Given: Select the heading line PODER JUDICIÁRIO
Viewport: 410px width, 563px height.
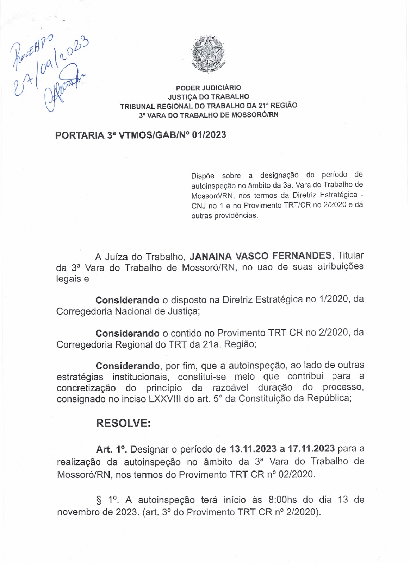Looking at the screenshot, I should point(209,88).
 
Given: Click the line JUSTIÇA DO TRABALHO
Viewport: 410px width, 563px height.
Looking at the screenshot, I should point(209,97).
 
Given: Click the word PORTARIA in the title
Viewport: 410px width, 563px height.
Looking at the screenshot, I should point(80,135).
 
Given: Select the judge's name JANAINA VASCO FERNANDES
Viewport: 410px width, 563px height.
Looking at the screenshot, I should point(260,256).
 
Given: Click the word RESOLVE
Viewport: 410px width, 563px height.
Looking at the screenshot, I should point(123,423).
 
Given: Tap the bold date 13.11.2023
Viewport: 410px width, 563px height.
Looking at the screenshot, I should point(253,449).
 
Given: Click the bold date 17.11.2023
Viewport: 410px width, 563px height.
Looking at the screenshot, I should point(311,449).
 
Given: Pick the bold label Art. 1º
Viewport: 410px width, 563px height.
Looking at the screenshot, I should point(111,449).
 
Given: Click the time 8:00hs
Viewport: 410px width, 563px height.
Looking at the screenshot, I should point(283,500).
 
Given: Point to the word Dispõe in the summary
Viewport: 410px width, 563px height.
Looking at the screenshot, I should point(203,176).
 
